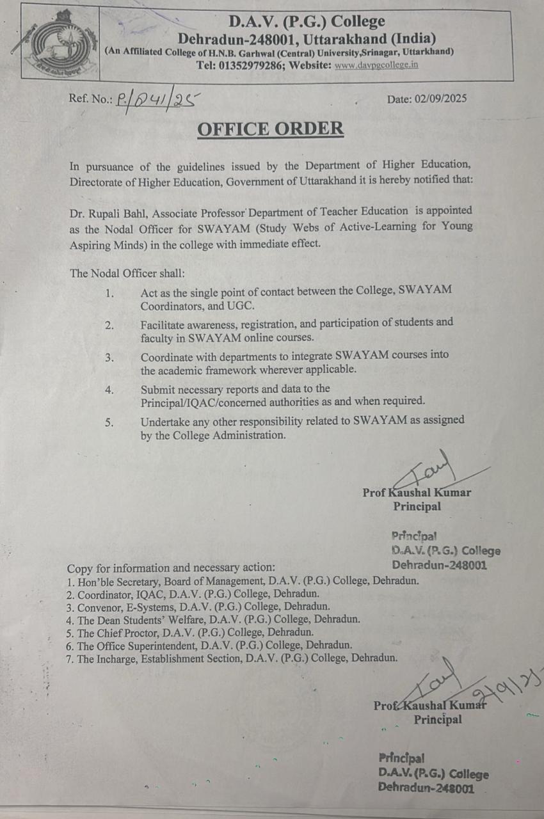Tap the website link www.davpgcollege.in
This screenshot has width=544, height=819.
(376, 65)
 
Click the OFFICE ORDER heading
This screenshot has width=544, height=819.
(270, 129)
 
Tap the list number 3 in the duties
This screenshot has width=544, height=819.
(109, 357)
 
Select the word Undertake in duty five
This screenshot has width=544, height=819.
(166, 420)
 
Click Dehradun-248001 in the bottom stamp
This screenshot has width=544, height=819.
(426, 788)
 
